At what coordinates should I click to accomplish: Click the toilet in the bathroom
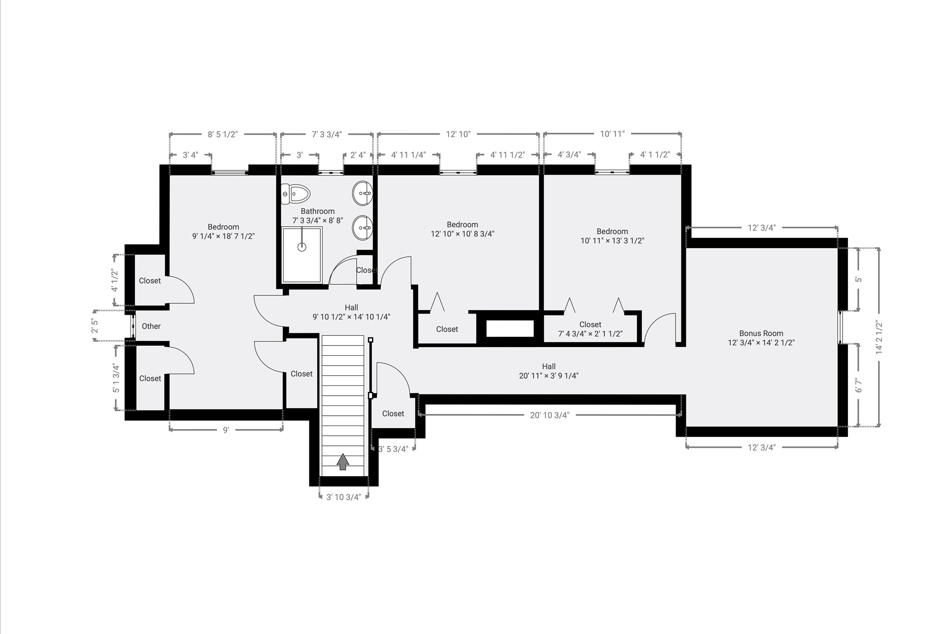[x=295, y=194]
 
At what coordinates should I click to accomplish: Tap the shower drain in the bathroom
[x=302, y=247]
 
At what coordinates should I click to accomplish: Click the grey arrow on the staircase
[x=343, y=462]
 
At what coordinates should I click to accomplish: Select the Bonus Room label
[x=761, y=333]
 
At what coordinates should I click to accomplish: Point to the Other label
[x=151, y=326]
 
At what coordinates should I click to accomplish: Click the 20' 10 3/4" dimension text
[x=549, y=415]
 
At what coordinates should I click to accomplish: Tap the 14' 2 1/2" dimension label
[x=879, y=338]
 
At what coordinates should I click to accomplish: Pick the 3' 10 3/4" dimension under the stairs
[x=344, y=497]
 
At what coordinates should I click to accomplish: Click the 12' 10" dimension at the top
[x=458, y=134]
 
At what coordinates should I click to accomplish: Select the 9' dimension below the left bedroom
[x=226, y=430]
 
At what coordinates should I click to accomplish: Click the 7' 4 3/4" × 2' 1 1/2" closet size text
[x=590, y=333]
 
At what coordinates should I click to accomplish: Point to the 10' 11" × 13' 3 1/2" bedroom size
[x=612, y=241]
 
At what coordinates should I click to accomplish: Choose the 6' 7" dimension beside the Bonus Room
[x=859, y=385]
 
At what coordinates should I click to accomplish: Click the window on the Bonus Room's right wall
[x=840, y=327]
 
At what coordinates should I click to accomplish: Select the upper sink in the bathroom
[x=362, y=192]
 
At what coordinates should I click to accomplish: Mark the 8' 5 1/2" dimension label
[x=222, y=134]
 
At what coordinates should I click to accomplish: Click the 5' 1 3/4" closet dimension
[x=116, y=378]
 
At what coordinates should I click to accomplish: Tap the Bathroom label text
[x=318, y=211]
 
